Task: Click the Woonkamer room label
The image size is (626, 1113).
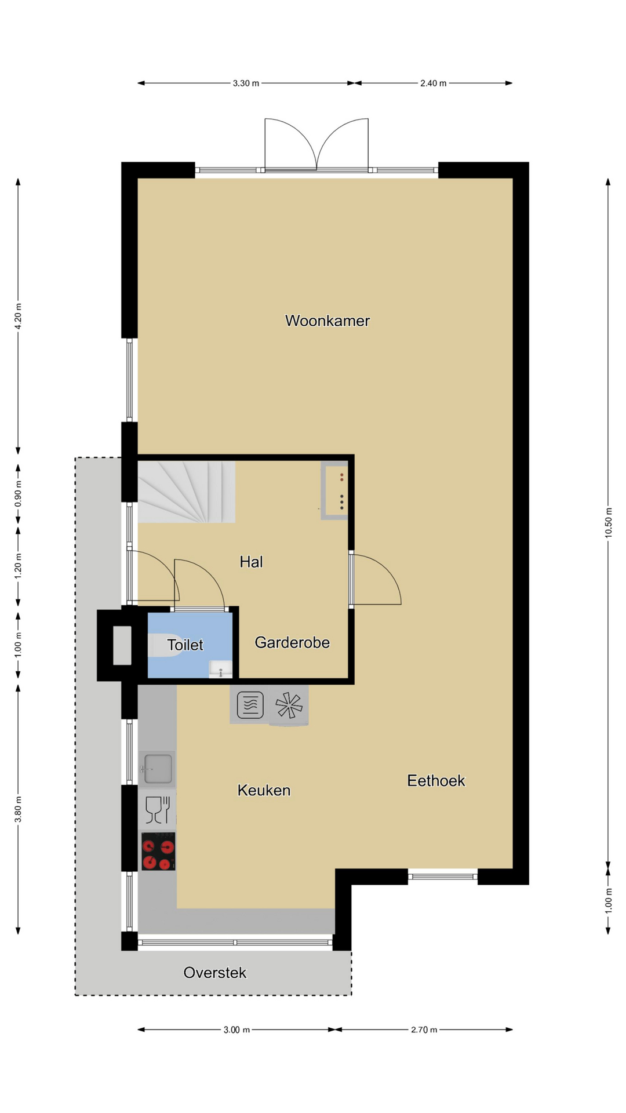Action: [327, 321]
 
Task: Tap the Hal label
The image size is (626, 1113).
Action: [252, 562]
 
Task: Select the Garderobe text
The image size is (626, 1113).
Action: [292, 642]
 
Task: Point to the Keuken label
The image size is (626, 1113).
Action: [264, 790]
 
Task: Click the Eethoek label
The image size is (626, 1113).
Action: [436, 781]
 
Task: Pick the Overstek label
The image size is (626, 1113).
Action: [215, 973]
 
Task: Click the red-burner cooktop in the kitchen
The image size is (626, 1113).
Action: [158, 852]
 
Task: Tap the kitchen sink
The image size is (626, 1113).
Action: [157, 769]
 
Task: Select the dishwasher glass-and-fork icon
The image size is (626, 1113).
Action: [157, 810]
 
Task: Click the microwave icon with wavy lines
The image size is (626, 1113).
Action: [250, 705]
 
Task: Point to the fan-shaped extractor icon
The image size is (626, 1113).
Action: [289, 705]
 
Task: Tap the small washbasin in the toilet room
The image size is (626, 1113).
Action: [220, 669]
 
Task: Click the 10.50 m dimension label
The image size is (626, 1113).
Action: [608, 523]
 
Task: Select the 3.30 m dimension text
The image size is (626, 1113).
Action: [246, 83]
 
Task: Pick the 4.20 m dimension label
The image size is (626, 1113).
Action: [18, 317]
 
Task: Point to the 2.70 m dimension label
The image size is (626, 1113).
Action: [424, 1030]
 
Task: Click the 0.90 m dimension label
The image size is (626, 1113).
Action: [18, 494]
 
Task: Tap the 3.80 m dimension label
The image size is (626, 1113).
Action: [18, 809]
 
